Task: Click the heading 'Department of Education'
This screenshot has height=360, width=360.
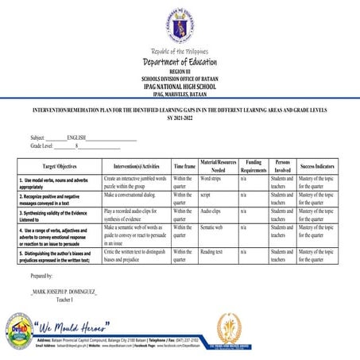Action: point(180,63)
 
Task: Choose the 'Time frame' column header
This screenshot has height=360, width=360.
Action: point(184,165)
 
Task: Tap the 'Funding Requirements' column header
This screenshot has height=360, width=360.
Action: point(254,165)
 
